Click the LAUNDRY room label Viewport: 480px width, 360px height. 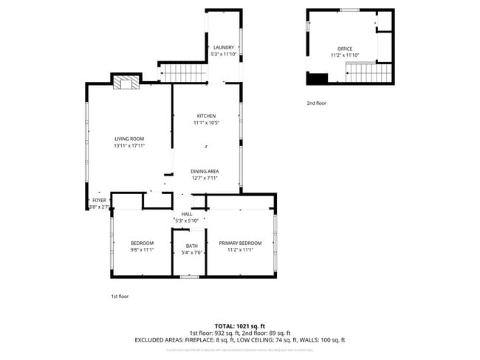click(x=223, y=48)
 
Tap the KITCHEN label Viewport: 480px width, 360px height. click(x=206, y=116)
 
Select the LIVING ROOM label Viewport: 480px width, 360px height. click(x=128, y=139)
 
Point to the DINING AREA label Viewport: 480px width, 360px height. click(x=205, y=171)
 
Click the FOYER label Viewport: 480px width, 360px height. click(x=99, y=200)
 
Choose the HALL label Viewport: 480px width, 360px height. click(x=187, y=214)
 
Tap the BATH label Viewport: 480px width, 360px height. click(x=192, y=246)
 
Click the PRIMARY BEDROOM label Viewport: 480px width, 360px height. click(x=240, y=243)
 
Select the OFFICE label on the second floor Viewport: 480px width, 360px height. click(x=344, y=49)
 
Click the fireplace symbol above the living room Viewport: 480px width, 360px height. click(x=125, y=83)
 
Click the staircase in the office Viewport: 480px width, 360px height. click(x=363, y=73)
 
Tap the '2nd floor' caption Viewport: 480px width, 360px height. click(x=316, y=103)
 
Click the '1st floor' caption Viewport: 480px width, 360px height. click(x=119, y=296)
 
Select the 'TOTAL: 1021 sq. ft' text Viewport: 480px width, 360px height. click(x=239, y=325)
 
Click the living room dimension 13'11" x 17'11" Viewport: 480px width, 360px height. click(x=128, y=145)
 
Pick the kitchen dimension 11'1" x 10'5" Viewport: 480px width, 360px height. click(x=206, y=122)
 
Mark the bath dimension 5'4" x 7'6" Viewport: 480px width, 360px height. click(x=192, y=252)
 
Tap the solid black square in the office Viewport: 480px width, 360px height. click(x=317, y=77)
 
